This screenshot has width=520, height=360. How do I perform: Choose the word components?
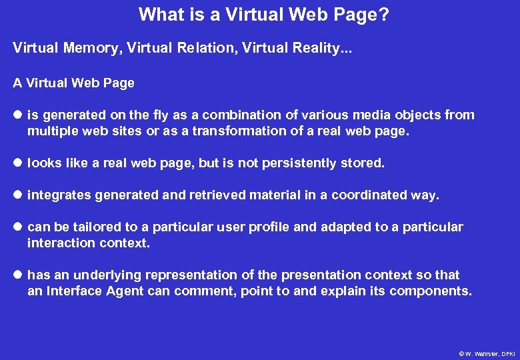tap(431, 291)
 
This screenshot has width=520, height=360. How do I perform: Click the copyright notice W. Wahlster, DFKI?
tap(487, 353)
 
